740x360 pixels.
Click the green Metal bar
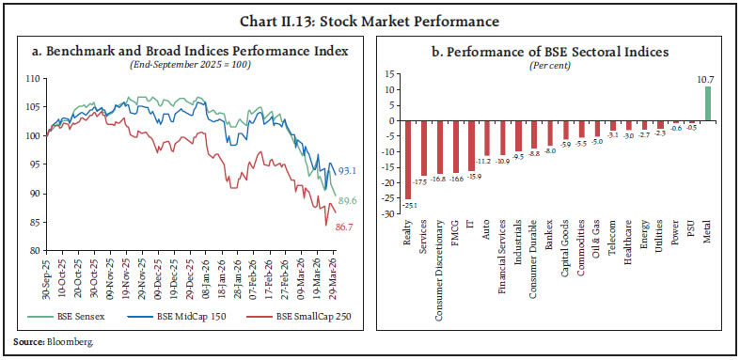(x=708, y=103)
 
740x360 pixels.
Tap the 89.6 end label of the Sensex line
(x=348, y=200)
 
